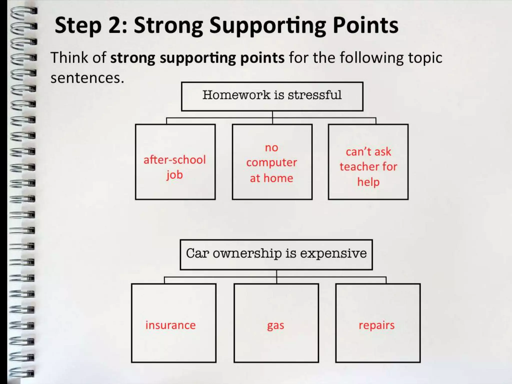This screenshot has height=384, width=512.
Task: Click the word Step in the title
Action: coord(78,26)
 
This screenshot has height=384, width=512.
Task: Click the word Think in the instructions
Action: coord(69,58)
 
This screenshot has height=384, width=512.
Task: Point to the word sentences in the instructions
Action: coord(87,78)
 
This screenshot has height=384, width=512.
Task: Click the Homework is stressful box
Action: coord(272,96)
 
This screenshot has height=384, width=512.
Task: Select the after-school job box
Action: coord(175,162)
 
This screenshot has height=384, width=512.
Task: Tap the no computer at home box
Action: coord(272,162)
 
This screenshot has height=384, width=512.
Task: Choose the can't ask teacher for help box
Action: coord(368,162)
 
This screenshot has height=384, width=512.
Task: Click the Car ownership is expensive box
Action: coord(276,254)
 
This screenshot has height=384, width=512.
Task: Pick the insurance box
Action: coord(173,323)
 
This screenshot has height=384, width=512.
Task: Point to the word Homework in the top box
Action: coord(236,95)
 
